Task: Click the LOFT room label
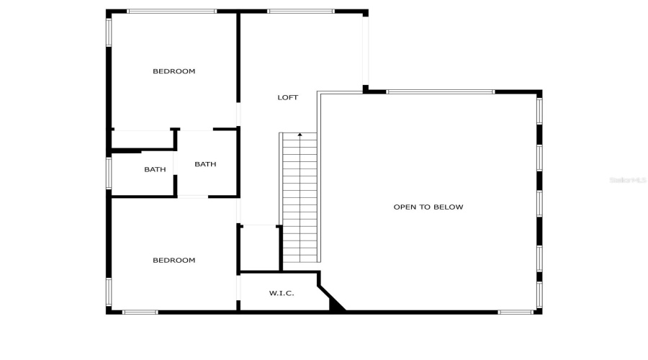click(288, 97)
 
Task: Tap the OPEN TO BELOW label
click(428, 207)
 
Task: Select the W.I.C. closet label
click(281, 293)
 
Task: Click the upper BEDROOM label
click(174, 71)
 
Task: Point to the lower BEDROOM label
click(174, 260)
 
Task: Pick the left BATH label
click(155, 170)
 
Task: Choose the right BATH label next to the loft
click(205, 164)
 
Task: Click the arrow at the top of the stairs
click(300, 135)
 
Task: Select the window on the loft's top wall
click(300, 11)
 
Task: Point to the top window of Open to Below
click(441, 91)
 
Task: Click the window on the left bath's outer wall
click(109, 173)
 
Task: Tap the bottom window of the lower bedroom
click(140, 312)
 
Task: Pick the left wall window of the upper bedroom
click(109, 32)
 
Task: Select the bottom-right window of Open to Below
click(516, 312)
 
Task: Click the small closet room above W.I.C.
click(259, 248)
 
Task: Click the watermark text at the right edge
click(629, 180)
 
